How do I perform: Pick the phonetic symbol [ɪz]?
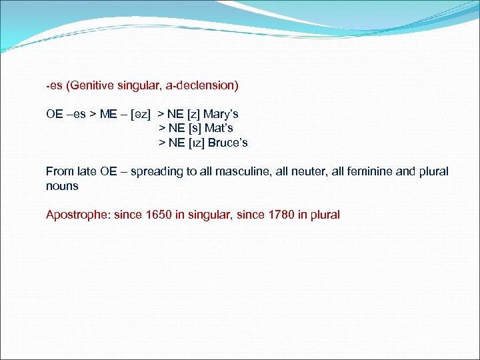point(196,143)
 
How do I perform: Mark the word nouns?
point(62,186)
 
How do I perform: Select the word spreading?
point(157,171)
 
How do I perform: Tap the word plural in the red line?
point(324,215)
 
